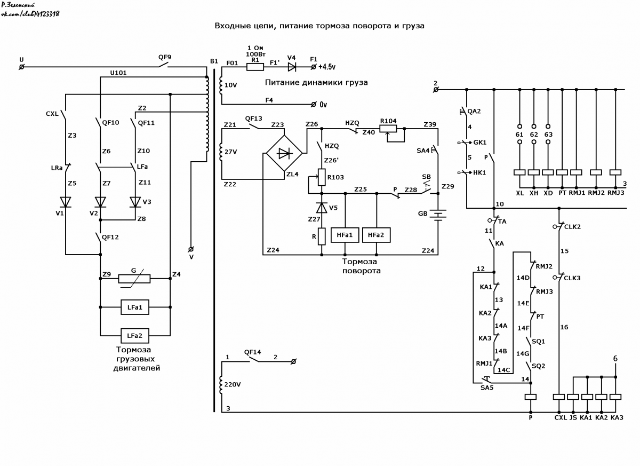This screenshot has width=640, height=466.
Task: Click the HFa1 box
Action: [345, 235]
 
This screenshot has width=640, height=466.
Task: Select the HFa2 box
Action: [377, 235]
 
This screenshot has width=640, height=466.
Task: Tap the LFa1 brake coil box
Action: [135, 307]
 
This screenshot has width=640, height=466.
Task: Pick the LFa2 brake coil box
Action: [135, 336]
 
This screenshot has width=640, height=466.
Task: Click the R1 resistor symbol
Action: [255, 67]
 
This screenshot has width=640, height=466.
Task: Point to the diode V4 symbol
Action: [292, 67]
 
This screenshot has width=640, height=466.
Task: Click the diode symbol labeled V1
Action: [66, 202]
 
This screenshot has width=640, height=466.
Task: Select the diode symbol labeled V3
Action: [135, 202]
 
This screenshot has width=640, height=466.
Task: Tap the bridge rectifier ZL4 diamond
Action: [284, 153]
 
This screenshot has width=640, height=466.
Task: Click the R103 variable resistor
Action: [322, 177]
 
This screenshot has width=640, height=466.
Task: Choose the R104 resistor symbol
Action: [388, 129]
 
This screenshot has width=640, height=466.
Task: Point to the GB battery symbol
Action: [438, 215]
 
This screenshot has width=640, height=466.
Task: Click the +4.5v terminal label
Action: [327, 67]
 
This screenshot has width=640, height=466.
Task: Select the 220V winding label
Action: [233, 384]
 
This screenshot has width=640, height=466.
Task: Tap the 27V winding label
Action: [230, 152]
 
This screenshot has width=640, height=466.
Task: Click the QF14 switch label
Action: [253, 352]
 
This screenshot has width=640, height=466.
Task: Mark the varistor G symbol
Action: [134, 279]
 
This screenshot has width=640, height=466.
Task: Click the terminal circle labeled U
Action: [21, 67]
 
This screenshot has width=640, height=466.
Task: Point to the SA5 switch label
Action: [487, 388]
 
